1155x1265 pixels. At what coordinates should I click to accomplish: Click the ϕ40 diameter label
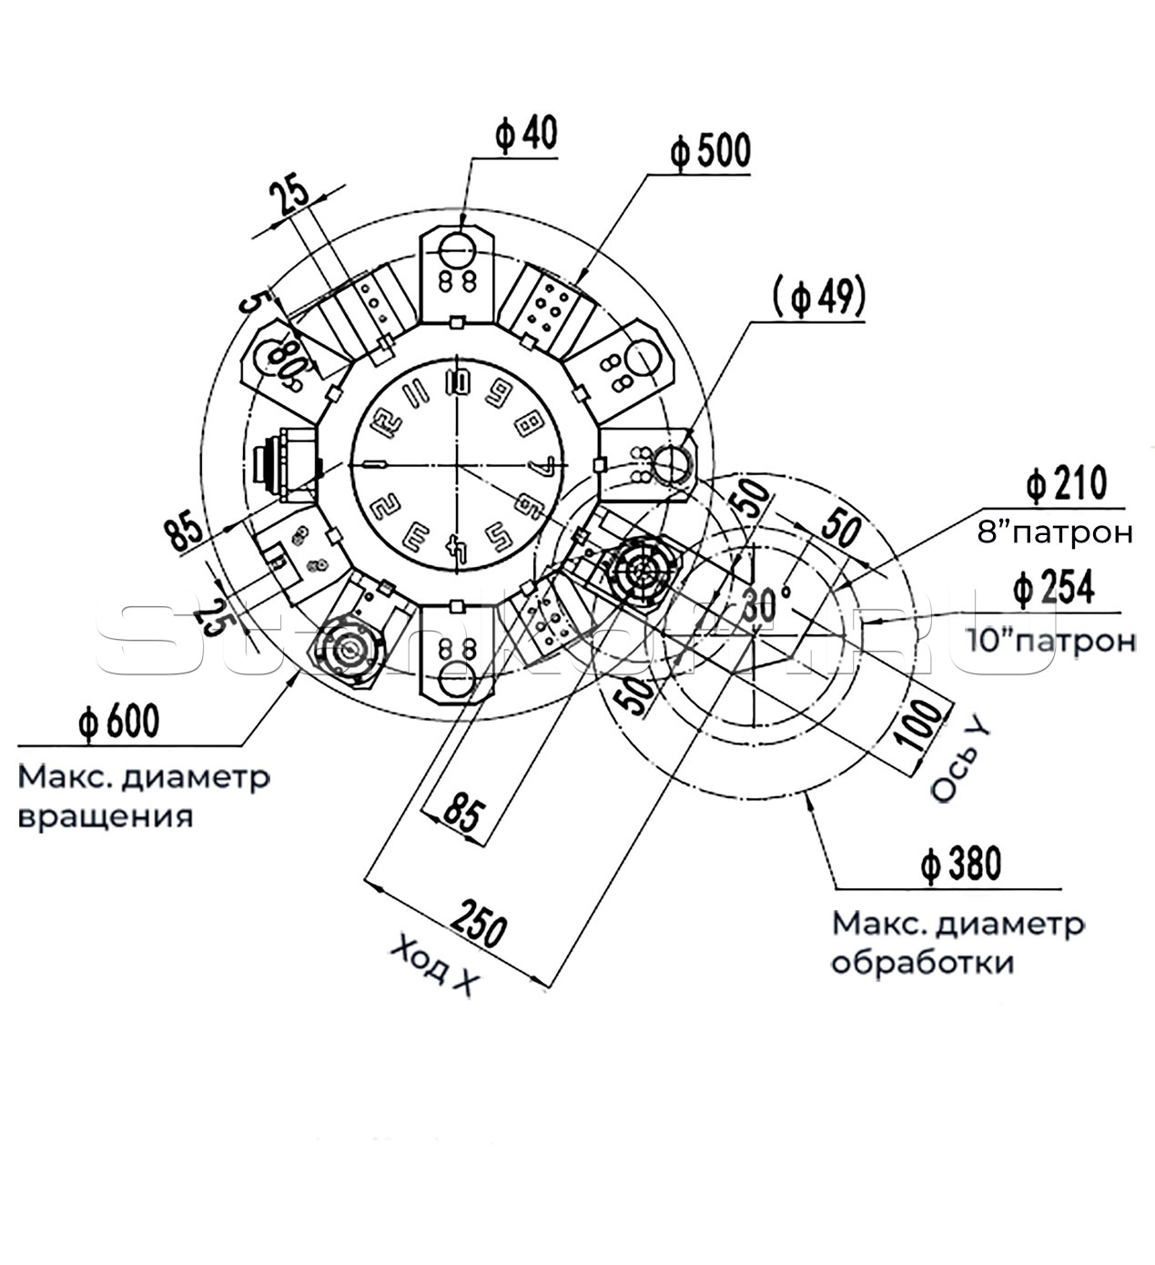(x=526, y=133)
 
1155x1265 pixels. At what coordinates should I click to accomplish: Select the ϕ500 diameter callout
(x=710, y=150)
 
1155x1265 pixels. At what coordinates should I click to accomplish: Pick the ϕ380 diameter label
(x=959, y=864)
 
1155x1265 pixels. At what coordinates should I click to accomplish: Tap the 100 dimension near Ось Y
(x=924, y=724)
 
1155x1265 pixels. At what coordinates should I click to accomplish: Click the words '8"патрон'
(x=1055, y=532)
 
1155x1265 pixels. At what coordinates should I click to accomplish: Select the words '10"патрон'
(x=1052, y=641)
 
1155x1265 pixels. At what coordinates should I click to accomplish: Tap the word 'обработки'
(x=921, y=963)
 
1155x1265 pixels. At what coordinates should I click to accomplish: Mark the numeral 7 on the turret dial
(x=540, y=467)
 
